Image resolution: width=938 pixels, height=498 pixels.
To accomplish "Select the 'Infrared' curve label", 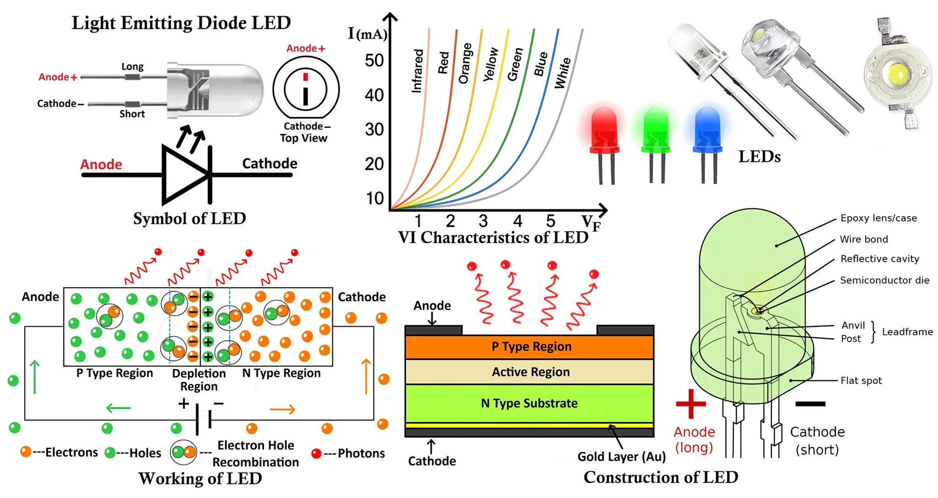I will [417, 71].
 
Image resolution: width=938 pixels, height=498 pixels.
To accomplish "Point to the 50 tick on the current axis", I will [374, 60].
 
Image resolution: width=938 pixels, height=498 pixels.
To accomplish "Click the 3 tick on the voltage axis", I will [483, 221].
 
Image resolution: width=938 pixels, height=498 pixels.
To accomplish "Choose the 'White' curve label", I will [563, 73].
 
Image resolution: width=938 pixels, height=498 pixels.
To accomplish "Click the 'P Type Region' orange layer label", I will [531, 346].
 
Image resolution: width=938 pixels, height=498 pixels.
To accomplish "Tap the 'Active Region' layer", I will [530, 372].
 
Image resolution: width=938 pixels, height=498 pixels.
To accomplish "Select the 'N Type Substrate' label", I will [529, 403].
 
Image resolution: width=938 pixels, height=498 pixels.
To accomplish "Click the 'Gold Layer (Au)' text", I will [622, 457].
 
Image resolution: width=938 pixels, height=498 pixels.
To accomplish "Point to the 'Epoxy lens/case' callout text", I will [878, 218].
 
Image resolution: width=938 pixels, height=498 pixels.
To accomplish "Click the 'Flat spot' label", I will [861, 381].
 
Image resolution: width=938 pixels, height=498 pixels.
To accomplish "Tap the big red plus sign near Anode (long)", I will [691, 404].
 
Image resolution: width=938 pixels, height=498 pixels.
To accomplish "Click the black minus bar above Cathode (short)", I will [810, 404].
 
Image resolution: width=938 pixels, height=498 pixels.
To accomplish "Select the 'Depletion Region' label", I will [199, 380].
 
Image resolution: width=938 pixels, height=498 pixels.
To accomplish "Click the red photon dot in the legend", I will [316, 454].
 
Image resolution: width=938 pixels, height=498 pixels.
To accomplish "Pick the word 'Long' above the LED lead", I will [132, 67].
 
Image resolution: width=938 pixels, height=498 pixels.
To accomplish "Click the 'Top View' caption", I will [304, 138].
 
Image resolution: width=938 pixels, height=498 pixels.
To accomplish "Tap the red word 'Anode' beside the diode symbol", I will [101, 164].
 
